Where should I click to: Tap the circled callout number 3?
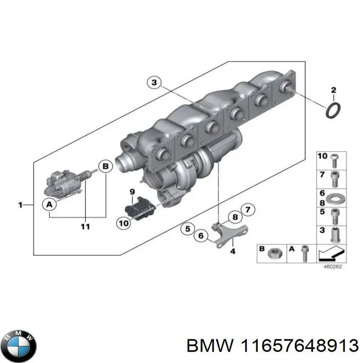[154, 83]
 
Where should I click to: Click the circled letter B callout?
[105, 167]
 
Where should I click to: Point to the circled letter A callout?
[49, 206]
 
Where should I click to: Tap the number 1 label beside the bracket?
[20, 206]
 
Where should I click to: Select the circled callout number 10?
[123, 222]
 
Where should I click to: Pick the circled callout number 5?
[186, 229]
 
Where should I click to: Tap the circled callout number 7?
[247, 210]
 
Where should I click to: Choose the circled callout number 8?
[235, 217]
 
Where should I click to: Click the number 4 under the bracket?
[233, 251]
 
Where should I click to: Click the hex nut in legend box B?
[275, 253]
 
